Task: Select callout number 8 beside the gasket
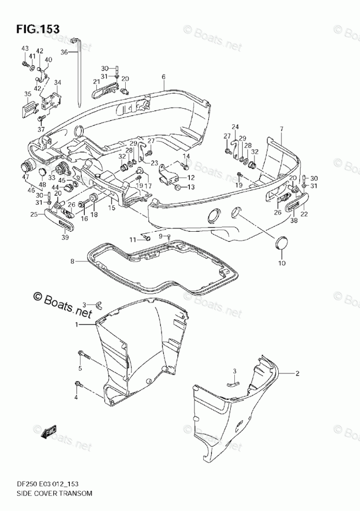[72, 262]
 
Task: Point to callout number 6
[163, 77]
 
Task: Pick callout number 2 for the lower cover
[297, 373]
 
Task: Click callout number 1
[78, 324]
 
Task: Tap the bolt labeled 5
[84, 356]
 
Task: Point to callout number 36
[64, 52]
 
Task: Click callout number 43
[25, 48]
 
